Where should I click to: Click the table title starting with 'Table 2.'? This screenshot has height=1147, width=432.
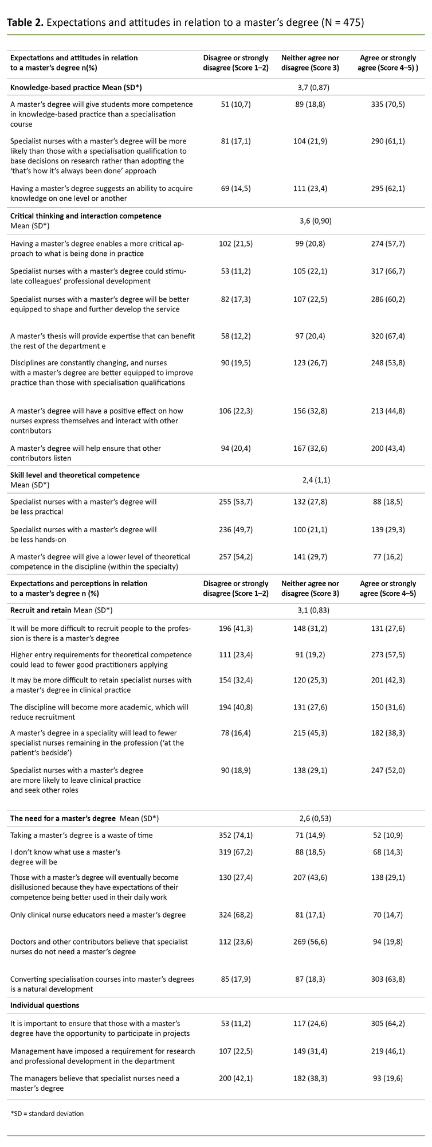[x=184, y=22]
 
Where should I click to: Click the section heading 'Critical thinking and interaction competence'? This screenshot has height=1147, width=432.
[x=86, y=216]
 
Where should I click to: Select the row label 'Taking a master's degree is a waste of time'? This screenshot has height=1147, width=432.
[x=82, y=835]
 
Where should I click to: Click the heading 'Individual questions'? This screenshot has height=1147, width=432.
[x=45, y=1005]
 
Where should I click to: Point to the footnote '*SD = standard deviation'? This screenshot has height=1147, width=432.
[x=47, y=1113]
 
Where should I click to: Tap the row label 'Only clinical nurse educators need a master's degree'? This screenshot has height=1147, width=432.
[x=98, y=915]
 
